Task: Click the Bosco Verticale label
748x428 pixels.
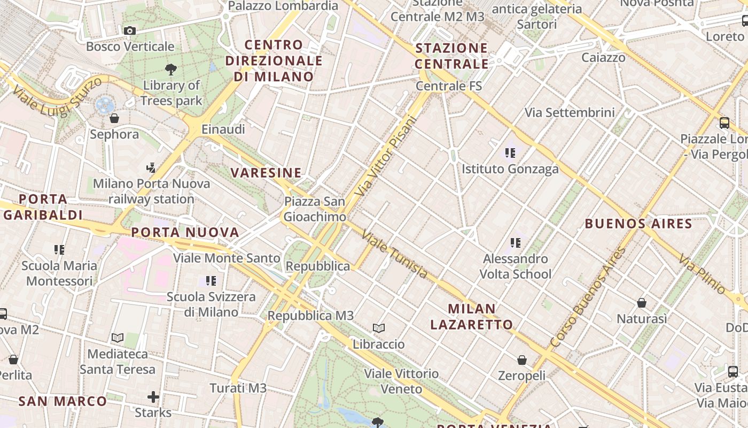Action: coord(130,47)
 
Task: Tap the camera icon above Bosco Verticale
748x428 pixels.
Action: coord(130,31)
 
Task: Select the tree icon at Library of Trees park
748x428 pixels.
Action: coord(171,69)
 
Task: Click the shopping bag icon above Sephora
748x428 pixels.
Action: coord(114,118)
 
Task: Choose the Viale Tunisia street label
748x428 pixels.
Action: coord(394,254)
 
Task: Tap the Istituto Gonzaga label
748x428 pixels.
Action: coord(510,169)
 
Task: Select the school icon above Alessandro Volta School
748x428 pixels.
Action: coord(515,243)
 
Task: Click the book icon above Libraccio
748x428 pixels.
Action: coord(378,328)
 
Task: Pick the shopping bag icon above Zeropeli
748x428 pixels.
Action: coord(521,360)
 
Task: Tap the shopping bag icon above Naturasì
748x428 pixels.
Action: coord(642,303)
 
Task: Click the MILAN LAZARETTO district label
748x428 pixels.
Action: coord(472,316)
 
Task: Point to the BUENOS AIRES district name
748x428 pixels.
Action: coord(638,224)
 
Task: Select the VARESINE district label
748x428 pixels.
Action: coord(266,172)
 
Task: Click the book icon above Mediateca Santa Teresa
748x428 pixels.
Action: coord(118,338)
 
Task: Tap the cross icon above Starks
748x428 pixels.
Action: coord(153,396)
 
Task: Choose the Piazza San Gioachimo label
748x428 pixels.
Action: coord(315,209)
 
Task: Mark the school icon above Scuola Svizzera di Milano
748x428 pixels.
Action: coord(211,280)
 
